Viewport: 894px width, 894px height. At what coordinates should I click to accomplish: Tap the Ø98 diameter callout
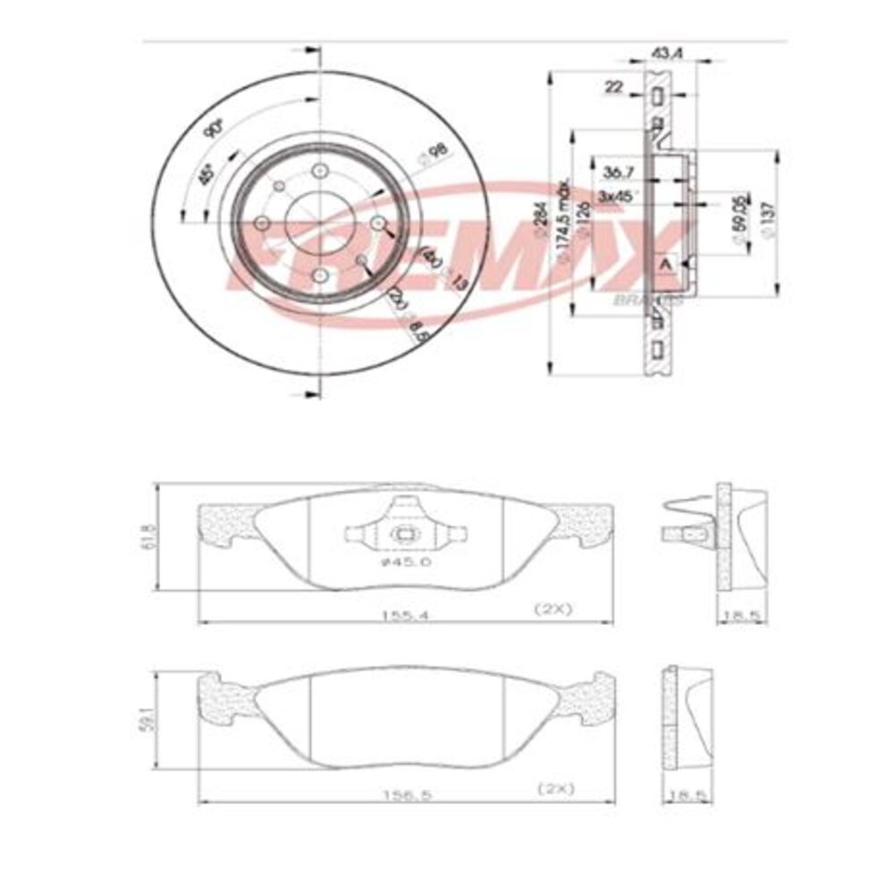click(x=434, y=156)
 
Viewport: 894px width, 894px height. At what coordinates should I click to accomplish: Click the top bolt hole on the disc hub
click(x=318, y=173)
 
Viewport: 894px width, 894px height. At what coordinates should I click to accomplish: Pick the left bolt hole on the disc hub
click(x=262, y=223)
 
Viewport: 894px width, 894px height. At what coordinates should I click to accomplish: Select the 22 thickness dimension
click(x=613, y=87)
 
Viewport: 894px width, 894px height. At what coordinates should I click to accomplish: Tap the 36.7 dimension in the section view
click(x=618, y=170)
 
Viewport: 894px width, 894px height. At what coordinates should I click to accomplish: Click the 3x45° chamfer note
click(x=618, y=196)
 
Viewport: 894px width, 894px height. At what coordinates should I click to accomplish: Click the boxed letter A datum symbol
click(x=664, y=266)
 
